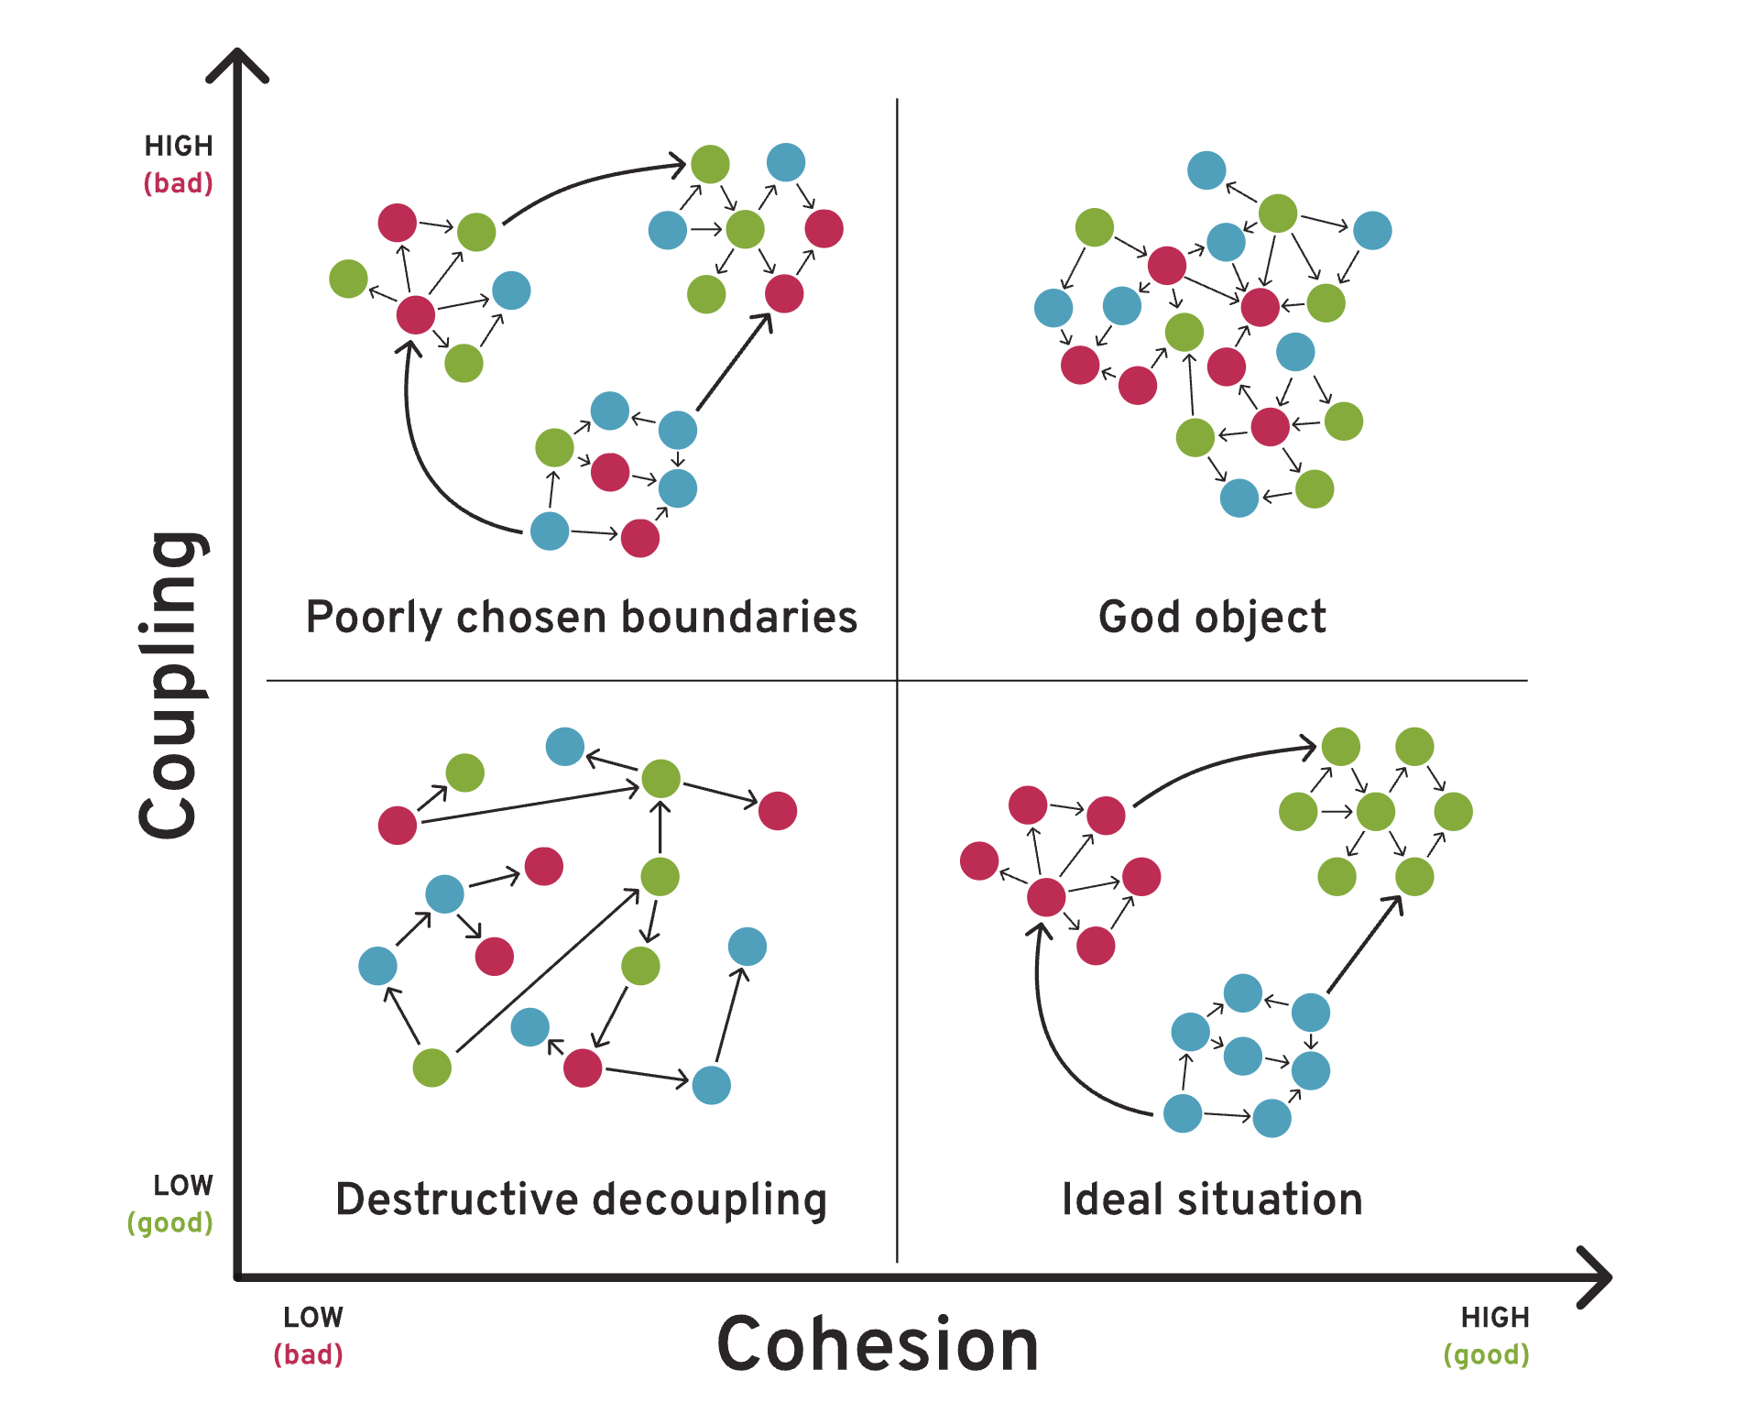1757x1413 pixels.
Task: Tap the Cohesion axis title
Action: click(878, 1344)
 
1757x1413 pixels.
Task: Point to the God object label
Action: click(1212, 617)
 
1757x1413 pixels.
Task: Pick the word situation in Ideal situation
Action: click(1271, 1199)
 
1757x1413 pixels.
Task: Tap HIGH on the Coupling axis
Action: click(179, 146)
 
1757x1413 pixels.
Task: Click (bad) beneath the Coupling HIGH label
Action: click(179, 183)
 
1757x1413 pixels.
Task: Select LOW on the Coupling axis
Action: click(183, 1186)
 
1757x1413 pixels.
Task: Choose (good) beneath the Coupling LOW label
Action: click(170, 1222)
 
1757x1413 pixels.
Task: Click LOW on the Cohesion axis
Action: click(313, 1318)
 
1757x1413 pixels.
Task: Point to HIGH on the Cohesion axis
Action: click(1495, 1318)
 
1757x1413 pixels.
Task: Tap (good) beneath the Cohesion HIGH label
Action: click(1487, 1354)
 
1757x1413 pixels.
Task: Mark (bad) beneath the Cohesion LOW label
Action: click(309, 1354)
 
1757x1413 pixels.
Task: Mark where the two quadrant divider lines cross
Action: click(897, 681)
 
